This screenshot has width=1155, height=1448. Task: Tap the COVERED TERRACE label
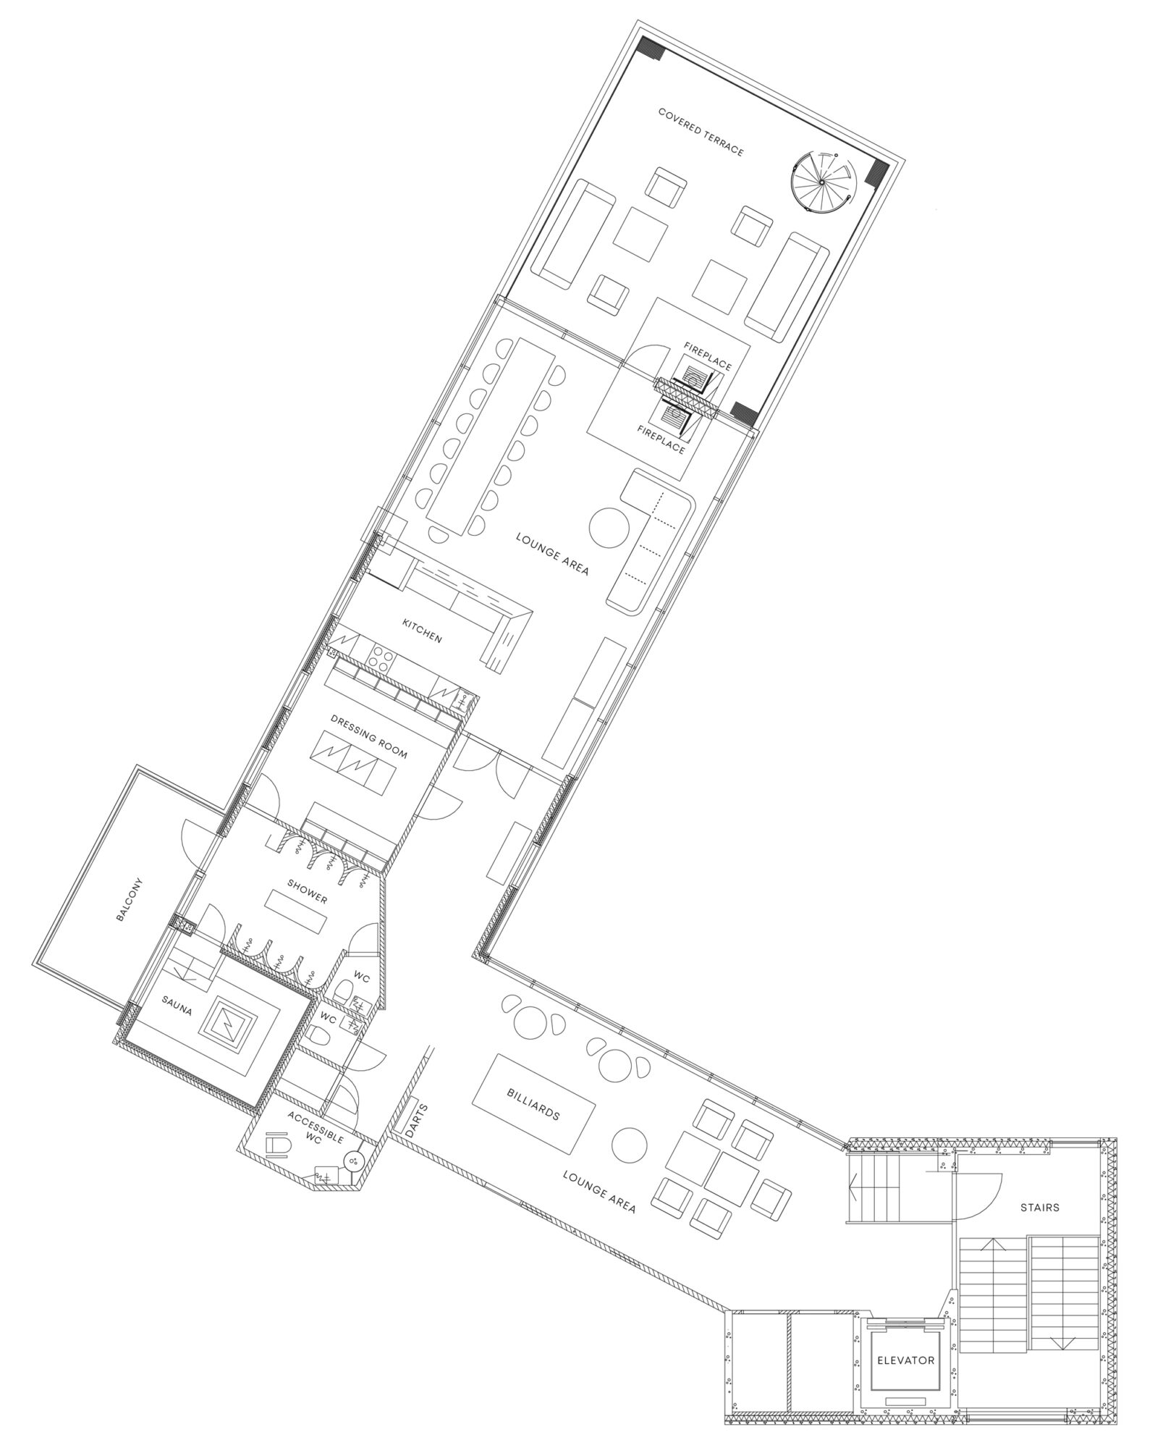tap(701, 132)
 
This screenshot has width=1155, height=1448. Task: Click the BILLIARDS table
tap(533, 1105)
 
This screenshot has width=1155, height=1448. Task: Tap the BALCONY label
tap(130, 900)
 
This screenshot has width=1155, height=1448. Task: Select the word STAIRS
tap(1040, 1207)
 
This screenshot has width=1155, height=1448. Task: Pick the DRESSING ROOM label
tap(368, 737)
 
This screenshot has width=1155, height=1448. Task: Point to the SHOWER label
tap(307, 891)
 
